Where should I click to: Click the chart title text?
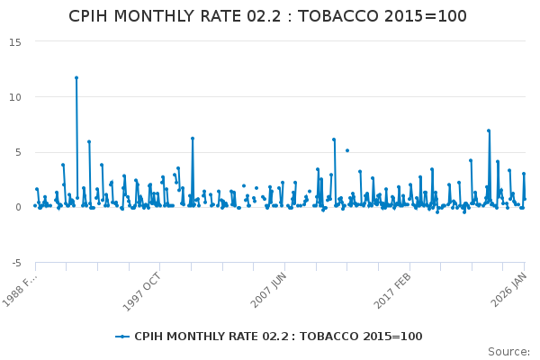point(268,16)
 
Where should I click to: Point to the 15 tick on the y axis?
point(17,41)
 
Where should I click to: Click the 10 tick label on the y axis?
point(17,97)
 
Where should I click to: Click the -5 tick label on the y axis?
point(17,263)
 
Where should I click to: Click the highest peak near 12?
point(76,77)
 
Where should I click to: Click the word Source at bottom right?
point(508,351)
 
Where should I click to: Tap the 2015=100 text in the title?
point(431,16)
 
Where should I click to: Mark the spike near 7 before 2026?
point(489,130)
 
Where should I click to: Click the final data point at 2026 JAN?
point(525,199)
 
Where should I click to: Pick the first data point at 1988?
point(35,205)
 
